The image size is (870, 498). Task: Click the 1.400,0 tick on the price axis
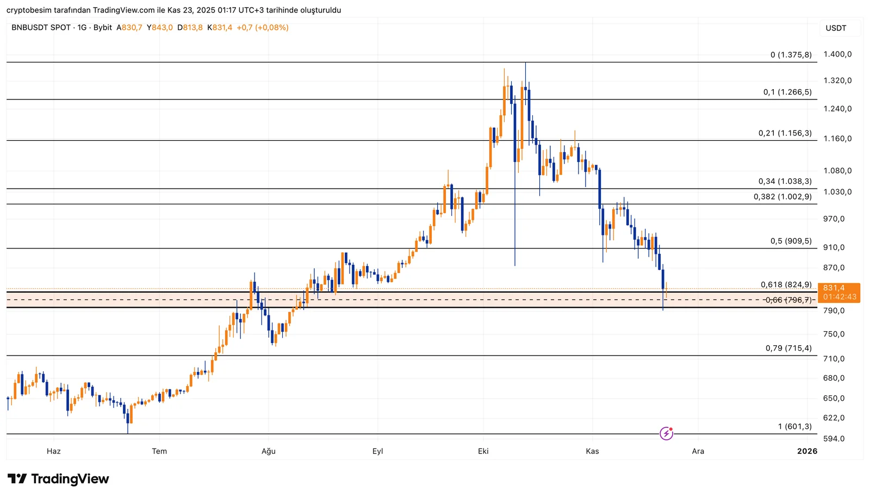point(837,54)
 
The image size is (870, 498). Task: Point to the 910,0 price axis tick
point(834,247)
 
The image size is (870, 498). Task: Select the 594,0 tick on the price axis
point(834,438)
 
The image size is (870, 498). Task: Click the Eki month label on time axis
point(483,451)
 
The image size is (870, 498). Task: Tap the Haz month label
point(54,451)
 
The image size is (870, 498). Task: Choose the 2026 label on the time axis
point(807,451)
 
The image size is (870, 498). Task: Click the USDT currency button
point(836,28)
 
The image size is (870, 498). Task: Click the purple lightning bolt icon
point(666,433)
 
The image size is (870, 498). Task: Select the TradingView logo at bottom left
point(58,479)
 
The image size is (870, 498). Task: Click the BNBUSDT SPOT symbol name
point(41,28)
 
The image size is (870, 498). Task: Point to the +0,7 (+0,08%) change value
point(263,28)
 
